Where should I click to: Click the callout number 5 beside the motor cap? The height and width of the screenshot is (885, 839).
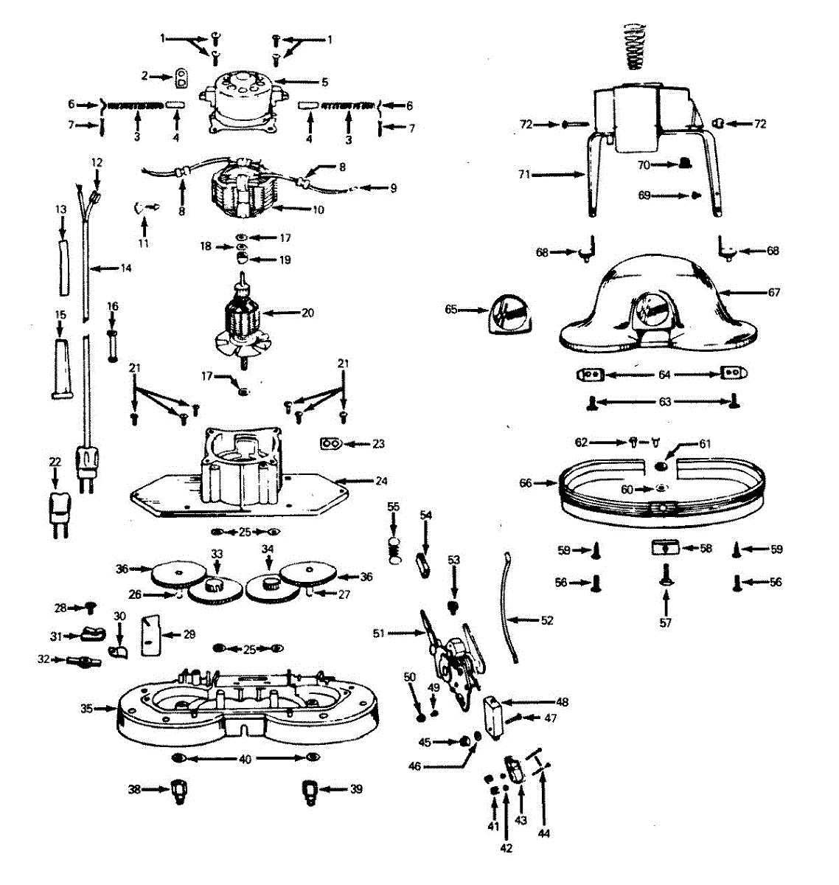coord(324,82)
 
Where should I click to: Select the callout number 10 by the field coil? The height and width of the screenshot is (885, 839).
coord(318,209)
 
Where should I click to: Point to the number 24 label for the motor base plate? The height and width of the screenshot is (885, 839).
coord(381,481)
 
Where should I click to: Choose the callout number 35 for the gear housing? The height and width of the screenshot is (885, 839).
coord(87,709)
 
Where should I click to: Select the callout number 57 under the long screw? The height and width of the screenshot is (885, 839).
coord(665,623)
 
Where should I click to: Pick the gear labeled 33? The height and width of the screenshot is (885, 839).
coord(215,586)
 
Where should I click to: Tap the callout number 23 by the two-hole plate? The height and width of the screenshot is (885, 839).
coord(379,444)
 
